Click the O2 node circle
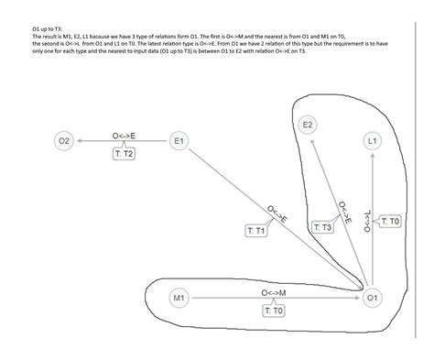(x=63, y=141)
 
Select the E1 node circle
(x=179, y=141)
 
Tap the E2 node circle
(x=309, y=124)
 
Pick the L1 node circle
(x=372, y=142)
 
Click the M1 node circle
(x=179, y=299)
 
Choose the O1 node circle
(x=372, y=299)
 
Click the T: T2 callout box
(x=124, y=155)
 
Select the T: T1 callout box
(x=256, y=231)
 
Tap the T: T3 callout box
(x=322, y=226)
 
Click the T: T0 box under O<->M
(x=274, y=311)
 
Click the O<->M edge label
(x=274, y=293)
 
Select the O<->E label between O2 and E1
(x=125, y=136)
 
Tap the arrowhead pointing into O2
(x=80, y=141)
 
